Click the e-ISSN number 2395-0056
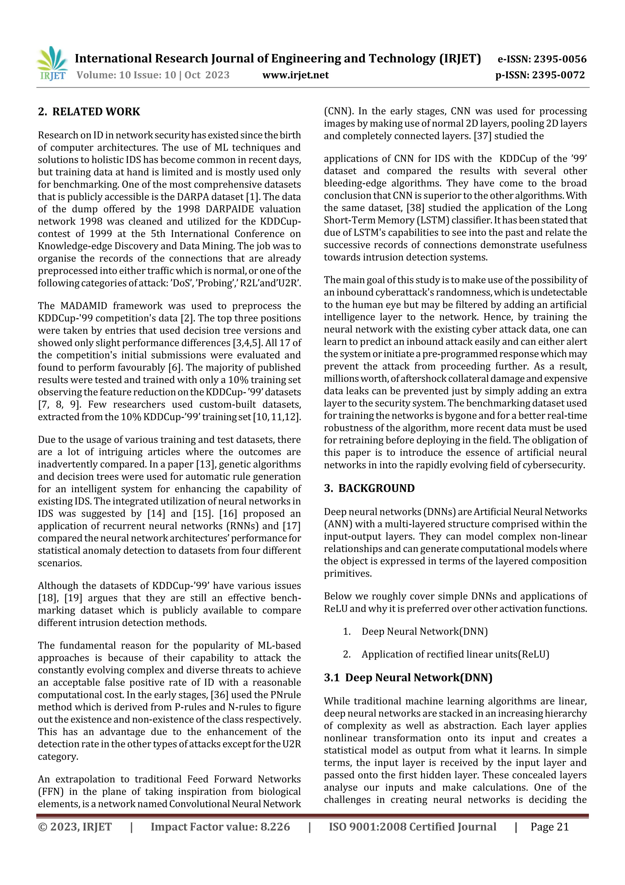542,59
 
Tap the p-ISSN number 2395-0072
540,75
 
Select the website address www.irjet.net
295,75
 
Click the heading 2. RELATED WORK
89,112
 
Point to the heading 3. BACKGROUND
369,488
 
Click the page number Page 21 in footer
549,826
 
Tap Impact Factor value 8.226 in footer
220,826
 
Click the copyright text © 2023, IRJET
75,826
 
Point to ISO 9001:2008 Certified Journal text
412,826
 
